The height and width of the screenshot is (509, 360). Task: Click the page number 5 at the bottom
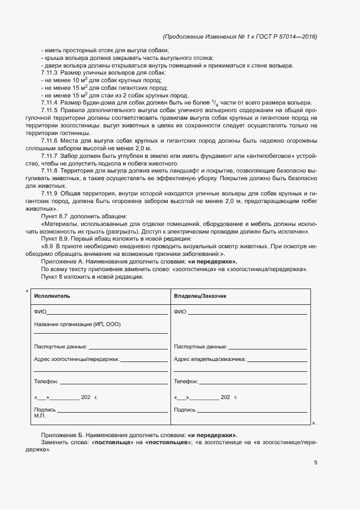[x=315, y=463]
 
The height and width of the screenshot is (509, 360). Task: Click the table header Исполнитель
[x=52, y=296]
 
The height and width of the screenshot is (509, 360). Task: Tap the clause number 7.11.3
[x=49, y=72]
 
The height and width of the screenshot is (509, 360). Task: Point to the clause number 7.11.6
[x=49, y=141]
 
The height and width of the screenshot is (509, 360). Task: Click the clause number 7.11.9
[x=49, y=193]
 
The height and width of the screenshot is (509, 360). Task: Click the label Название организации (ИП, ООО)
[x=77, y=324]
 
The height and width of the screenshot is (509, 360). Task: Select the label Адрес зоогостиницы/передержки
[x=76, y=359]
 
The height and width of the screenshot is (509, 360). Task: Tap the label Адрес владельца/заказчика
[x=210, y=359]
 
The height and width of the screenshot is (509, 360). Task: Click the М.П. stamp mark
[x=40, y=416]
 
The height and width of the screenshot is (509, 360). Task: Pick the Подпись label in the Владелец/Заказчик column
[x=185, y=409]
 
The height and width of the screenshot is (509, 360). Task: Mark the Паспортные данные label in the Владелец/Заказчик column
[x=200, y=346]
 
